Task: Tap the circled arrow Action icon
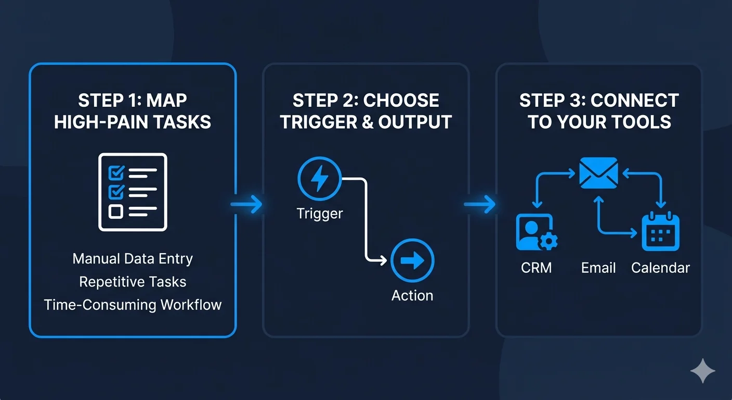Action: [412, 261]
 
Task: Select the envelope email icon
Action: [598, 173]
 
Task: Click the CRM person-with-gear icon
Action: [537, 232]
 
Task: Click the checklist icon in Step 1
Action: [133, 192]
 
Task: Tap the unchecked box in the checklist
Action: [114, 211]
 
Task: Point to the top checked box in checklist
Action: [114, 171]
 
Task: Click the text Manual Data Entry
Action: [133, 259]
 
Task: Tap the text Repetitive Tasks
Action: [133, 282]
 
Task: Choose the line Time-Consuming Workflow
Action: [133, 305]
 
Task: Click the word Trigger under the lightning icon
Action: [319, 214]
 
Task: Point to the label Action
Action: [412, 295]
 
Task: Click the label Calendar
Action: [660, 268]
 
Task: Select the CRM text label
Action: [536, 268]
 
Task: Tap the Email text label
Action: [598, 268]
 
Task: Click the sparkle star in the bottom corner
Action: [702, 371]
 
